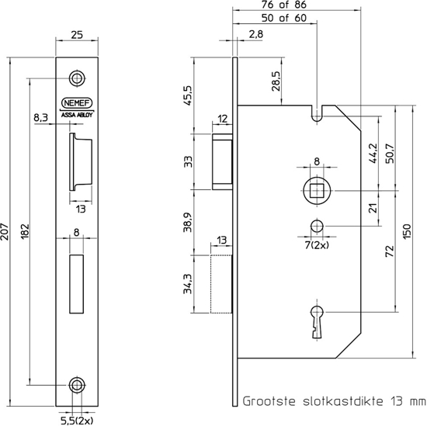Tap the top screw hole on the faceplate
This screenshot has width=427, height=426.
[76, 78]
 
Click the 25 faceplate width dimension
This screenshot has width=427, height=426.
[76, 34]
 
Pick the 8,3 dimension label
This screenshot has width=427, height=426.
[42, 116]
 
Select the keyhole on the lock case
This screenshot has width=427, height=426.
[314, 319]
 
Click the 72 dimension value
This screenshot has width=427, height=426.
[388, 250]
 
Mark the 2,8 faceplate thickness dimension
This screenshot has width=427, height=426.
[256, 33]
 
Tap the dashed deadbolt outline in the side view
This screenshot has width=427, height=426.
[221, 283]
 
